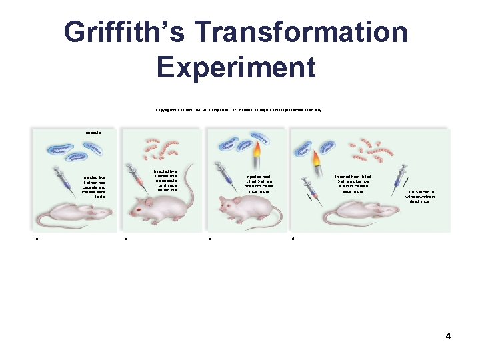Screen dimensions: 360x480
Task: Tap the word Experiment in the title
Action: click(236, 67)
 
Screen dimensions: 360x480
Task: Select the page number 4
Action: click(448, 336)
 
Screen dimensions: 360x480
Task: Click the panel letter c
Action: click(209, 239)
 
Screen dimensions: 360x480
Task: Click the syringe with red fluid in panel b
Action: click(137, 174)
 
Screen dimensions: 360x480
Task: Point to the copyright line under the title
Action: click(239, 109)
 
